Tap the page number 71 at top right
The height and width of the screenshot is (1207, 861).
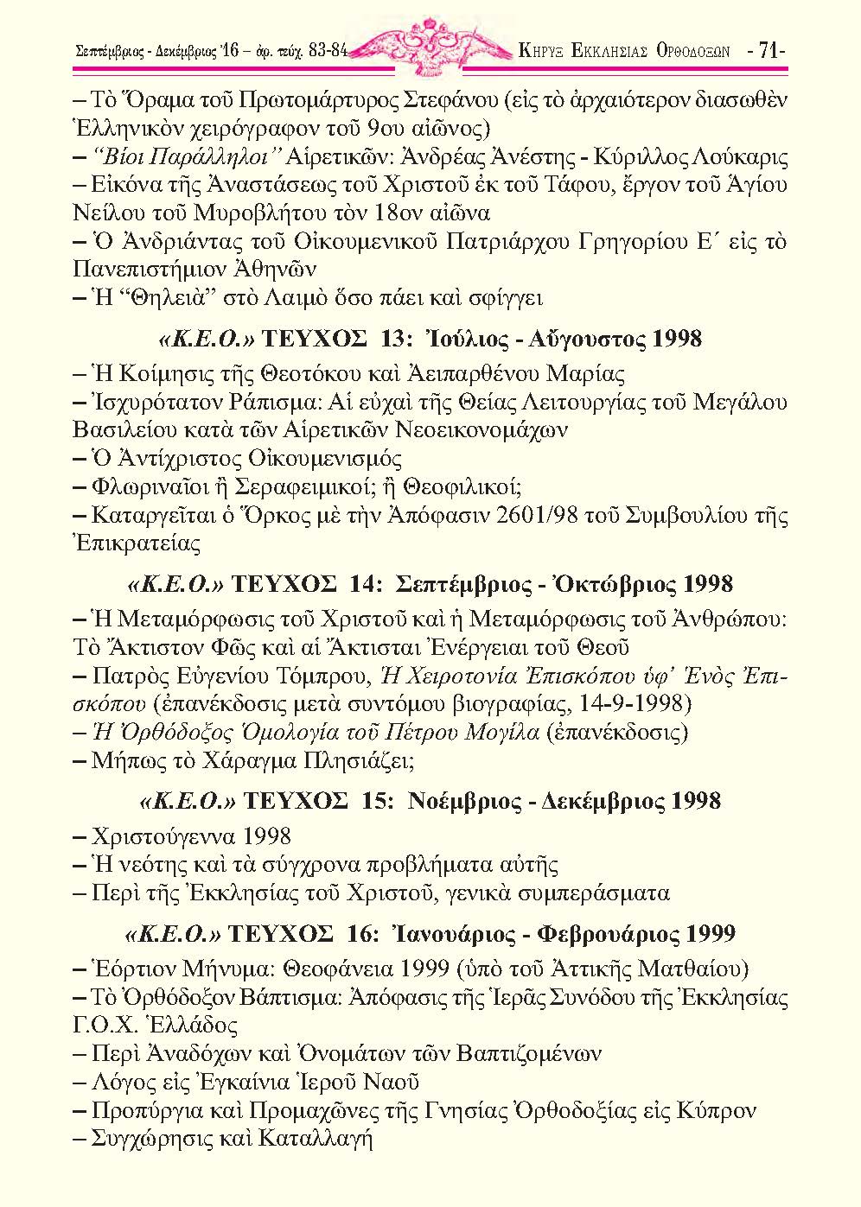pos(769,51)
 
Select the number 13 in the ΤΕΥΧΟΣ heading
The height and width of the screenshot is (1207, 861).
pos(392,339)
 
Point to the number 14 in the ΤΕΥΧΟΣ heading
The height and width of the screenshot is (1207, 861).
pos(360,584)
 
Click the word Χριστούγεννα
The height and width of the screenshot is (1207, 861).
pos(163,835)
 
